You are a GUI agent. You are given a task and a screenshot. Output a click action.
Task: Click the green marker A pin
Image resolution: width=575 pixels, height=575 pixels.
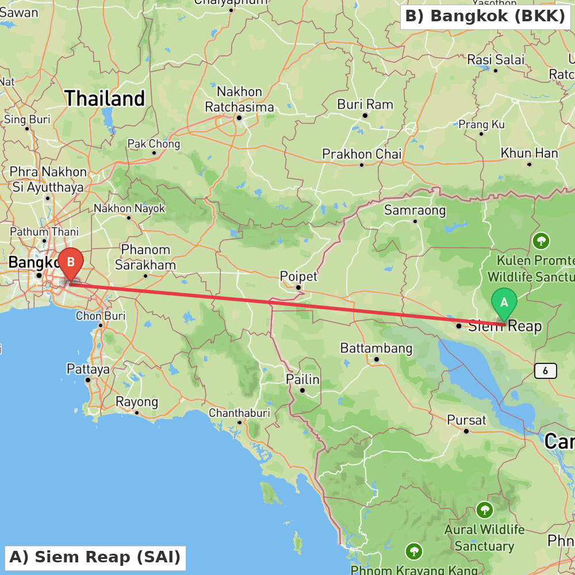(504, 302)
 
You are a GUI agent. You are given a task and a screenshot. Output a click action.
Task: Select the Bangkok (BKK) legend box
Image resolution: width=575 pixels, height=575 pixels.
(485, 16)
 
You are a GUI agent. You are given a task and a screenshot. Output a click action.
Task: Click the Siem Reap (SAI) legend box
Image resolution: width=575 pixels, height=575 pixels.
(95, 557)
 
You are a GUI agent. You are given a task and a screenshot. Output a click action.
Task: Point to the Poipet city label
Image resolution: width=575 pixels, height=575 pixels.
(298, 277)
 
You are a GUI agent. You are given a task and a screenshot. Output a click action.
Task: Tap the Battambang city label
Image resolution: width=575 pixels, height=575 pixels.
(376, 348)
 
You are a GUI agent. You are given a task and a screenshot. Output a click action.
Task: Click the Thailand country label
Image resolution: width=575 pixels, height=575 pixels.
(105, 98)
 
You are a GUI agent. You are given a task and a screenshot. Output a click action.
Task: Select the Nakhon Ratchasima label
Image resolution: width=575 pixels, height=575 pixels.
(239, 99)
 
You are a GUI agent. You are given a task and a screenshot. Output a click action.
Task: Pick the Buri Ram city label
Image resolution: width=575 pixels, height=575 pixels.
(365, 105)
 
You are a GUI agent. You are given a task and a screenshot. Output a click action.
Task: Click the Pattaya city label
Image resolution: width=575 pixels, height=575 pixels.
(88, 369)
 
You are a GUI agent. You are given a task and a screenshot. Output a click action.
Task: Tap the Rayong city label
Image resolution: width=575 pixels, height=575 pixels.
(137, 401)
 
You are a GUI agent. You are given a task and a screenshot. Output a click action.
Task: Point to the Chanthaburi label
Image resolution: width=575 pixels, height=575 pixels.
(239, 413)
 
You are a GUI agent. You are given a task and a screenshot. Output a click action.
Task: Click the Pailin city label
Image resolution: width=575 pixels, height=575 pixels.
(302, 379)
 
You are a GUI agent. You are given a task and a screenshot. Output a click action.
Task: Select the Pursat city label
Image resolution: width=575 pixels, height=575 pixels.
(466, 420)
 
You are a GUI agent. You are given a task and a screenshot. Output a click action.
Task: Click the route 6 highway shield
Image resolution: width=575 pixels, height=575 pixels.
(545, 371)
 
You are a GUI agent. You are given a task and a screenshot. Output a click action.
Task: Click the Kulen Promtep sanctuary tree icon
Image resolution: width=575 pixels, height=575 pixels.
(540, 240)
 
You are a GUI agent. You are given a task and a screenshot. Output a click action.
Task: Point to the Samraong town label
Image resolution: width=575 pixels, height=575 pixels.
(415, 210)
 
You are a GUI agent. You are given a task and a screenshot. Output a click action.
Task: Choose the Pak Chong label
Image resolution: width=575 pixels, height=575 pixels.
(154, 144)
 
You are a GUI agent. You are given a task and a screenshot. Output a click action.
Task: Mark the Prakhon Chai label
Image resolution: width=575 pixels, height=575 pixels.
(362, 154)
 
